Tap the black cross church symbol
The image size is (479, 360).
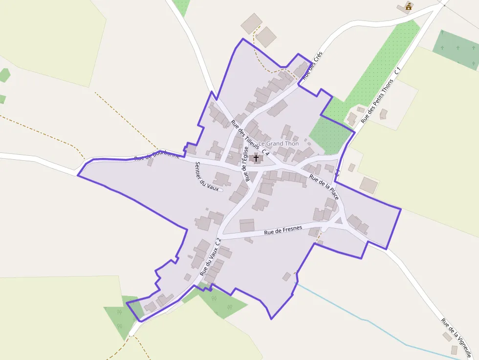(256, 158)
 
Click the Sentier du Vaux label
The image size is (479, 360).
(207, 176)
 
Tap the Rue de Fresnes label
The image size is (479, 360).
(283, 230)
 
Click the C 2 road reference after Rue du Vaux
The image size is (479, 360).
(218, 240)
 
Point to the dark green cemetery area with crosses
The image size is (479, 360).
(456, 49)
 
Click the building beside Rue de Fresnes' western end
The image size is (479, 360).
(247, 225)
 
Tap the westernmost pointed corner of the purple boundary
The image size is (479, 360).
(78, 175)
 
